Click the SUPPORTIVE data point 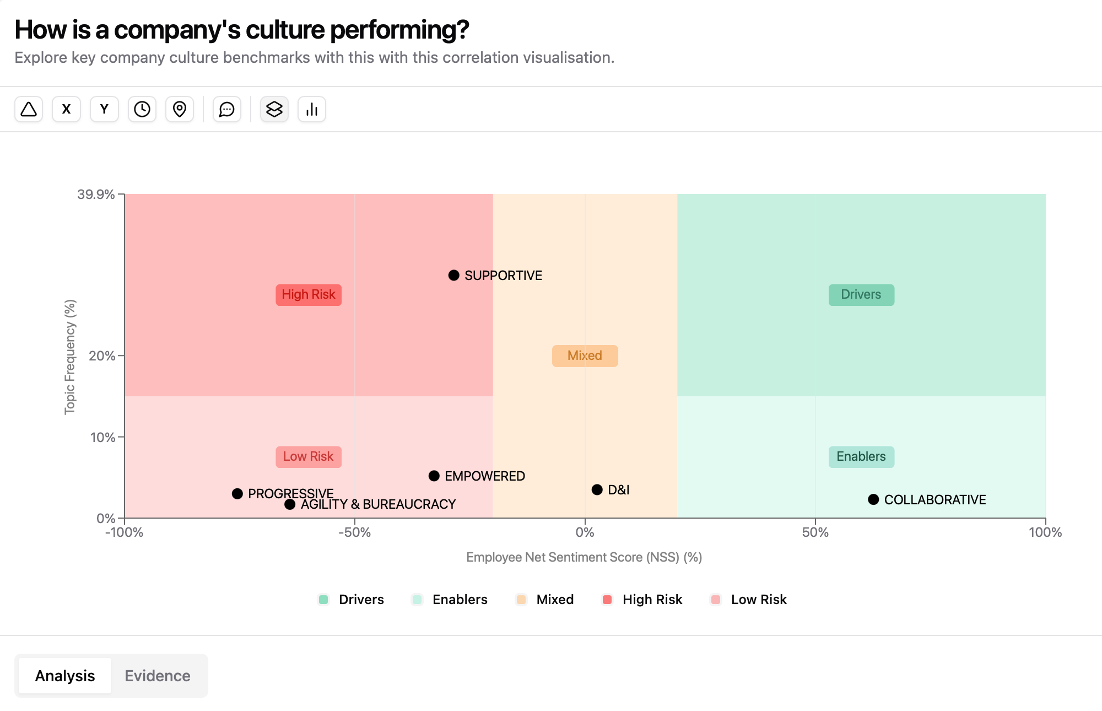[453, 275]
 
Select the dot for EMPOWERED [434, 476]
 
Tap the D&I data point [597, 489]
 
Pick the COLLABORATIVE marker [873, 499]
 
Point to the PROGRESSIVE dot [237, 493]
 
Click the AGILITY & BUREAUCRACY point [290, 504]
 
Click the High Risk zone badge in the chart [309, 295]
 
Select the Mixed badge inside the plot [585, 356]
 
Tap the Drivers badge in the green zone [861, 295]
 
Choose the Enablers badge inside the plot [861, 457]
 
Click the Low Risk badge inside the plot [309, 457]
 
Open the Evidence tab [158, 676]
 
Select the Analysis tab [65, 676]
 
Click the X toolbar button [66, 109]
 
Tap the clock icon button [142, 109]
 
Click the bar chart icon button [312, 109]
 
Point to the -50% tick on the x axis [355, 532]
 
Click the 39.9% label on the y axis [96, 195]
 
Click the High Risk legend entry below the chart [642, 600]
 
